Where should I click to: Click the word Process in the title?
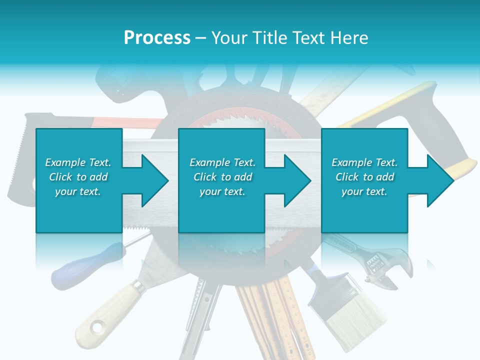[x=157, y=37]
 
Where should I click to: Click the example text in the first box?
[x=78, y=177]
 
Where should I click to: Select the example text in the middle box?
[x=222, y=177]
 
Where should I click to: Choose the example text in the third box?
[x=364, y=177]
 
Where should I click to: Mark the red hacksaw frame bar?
[x=125, y=121]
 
